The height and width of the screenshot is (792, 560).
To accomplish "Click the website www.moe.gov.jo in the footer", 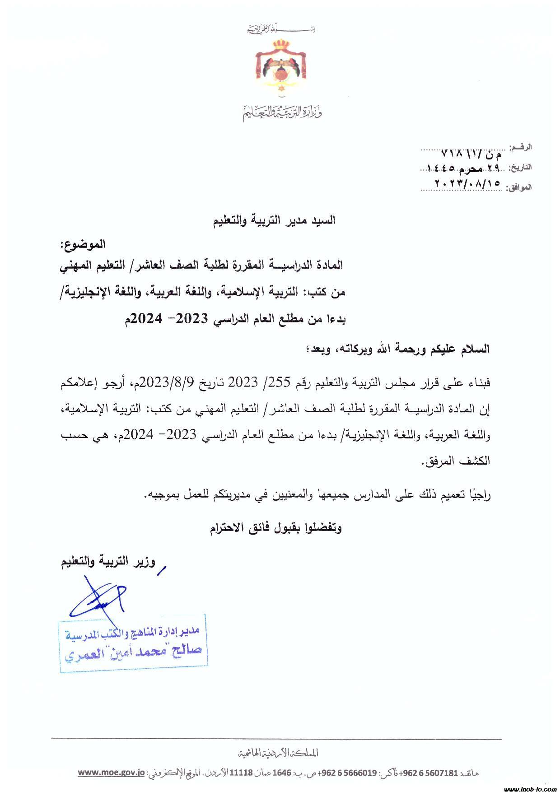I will (x=111, y=773).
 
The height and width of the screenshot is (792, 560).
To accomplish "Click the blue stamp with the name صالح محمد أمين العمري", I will (x=133, y=643).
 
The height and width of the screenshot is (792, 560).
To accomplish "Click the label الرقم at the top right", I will (x=521, y=148).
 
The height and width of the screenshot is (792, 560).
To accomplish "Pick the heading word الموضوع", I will (x=83, y=244).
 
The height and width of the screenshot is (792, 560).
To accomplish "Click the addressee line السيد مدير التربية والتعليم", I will (x=275, y=221).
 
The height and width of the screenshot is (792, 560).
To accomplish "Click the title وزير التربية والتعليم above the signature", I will (x=108, y=562).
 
